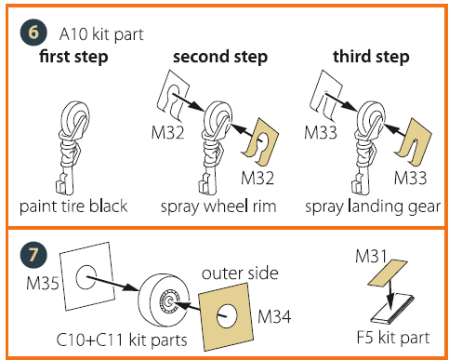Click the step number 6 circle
coord(33,33)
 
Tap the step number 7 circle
coord(33,255)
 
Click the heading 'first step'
coord(73,57)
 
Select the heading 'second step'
coord(220,57)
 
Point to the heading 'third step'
coord(371,57)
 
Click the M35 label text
coord(43,283)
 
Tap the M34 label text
coord(274,316)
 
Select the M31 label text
coord(371,257)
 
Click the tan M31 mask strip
coord(388,273)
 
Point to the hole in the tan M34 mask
coord(227,315)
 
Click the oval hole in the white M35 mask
coord(86,277)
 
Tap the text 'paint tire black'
coord(73,207)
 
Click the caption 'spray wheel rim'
coord(218,207)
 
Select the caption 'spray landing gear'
coord(373,207)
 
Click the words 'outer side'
coord(240,273)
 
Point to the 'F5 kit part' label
coord(393,338)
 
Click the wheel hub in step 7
coord(169,300)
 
